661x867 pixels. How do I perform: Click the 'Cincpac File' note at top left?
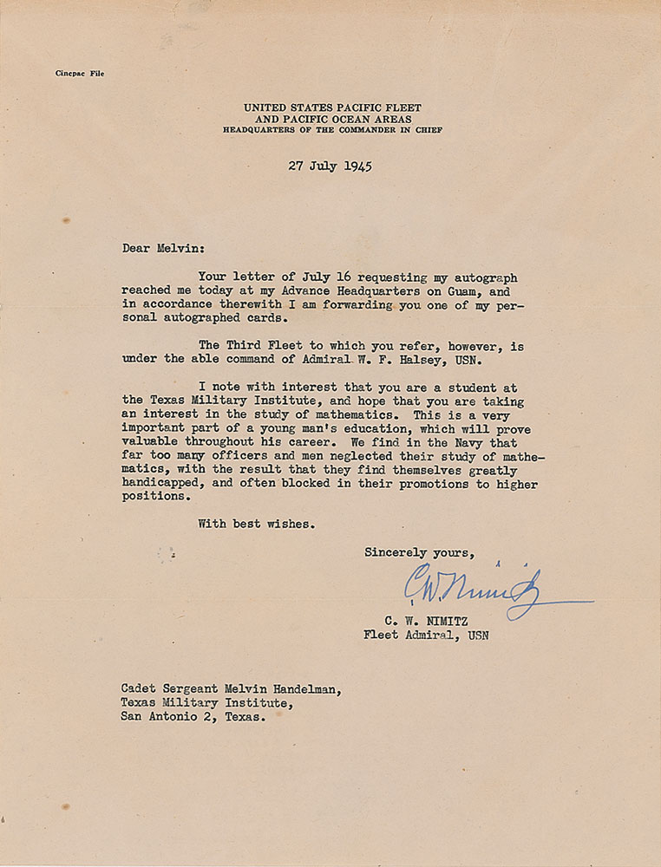click(74, 74)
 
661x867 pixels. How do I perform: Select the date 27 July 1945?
click(330, 166)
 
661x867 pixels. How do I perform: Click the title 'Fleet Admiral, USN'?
click(426, 636)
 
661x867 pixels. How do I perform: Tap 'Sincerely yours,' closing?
click(419, 551)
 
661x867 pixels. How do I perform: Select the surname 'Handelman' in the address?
click(294, 689)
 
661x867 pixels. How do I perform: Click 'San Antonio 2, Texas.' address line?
click(193, 718)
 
